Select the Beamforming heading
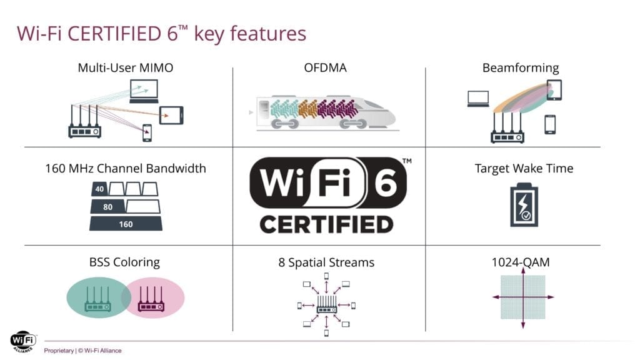click(x=520, y=67)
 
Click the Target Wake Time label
click(x=524, y=168)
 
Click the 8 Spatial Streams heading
click(x=326, y=262)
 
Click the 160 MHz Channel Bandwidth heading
click(x=125, y=168)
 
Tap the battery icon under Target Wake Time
click(x=522, y=204)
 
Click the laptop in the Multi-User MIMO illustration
click(x=144, y=91)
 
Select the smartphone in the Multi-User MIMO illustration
click(x=147, y=132)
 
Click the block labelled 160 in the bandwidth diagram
click(x=126, y=224)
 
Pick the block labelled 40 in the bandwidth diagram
click(x=99, y=189)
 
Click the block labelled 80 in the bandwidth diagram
click(x=107, y=206)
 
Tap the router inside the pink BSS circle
click(x=151, y=300)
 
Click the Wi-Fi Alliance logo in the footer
click(x=22, y=341)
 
